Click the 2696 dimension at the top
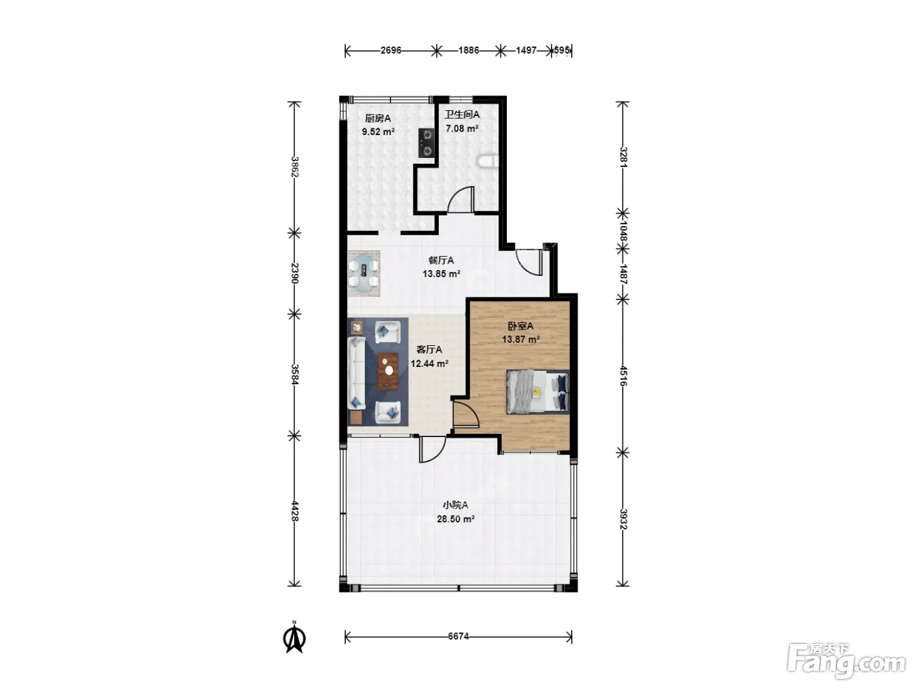[x=390, y=50]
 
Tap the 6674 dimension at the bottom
[x=458, y=637]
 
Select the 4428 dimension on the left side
[x=295, y=511]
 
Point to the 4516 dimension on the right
[x=623, y=376]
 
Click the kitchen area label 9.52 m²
[x=378, y=132]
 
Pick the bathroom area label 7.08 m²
[x=462, y=128]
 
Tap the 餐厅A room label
[x=441, y=261]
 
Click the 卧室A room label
[x=521, y=326]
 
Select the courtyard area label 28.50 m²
[x=455, y=519]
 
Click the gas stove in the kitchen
[x=426, y=143]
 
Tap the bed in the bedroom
[x=538, y=392]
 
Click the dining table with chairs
[x=364, y=273]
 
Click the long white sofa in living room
[x=356, y=373]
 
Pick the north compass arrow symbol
[x=295, y=638]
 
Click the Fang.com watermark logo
[x=846, y=662]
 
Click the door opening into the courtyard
[x=432, y=450]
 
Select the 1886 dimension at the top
[x=468, y=50]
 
